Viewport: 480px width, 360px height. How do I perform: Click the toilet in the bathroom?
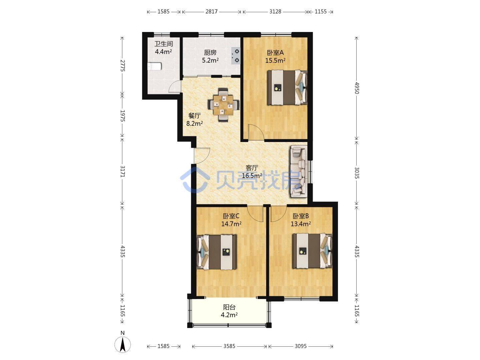click(154, 66)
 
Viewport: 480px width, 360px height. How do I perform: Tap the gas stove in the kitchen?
click(236, 56)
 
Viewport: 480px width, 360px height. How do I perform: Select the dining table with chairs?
click(223, 105)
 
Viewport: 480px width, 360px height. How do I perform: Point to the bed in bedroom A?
click(287, 87)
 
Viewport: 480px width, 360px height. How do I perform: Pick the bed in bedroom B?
click(312, 251)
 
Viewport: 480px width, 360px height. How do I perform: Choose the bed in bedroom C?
click(217, 252)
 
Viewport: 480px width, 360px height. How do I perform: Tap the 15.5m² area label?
click(275, 60)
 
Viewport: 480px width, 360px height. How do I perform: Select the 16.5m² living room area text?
click(252, 176)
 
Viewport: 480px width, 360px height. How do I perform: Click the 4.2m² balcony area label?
click(229, 315)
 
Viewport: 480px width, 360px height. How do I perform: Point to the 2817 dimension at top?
click(211, 12)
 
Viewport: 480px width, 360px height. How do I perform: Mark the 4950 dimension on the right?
click(357, 88)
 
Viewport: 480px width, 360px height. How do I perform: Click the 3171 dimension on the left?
click(123, 172)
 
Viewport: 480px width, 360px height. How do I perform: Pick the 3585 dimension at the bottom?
click(229, 346)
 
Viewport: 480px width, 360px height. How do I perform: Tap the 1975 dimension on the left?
click(123, 116)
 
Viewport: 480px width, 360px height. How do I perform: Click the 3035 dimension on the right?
click(357, 173)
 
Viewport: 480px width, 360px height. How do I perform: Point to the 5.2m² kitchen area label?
click(210, 60)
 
